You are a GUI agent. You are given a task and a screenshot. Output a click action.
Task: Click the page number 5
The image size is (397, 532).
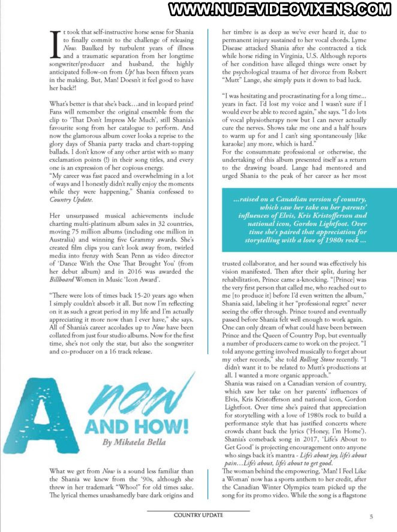point(372,516)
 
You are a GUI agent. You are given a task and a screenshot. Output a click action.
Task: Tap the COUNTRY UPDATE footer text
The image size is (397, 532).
point(198,515)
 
